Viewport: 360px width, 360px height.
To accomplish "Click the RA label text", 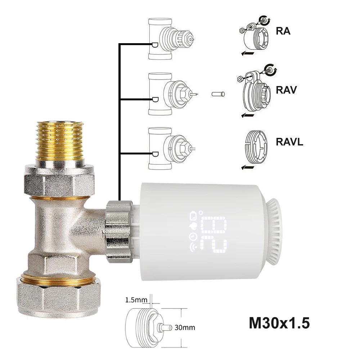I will coord(283,31).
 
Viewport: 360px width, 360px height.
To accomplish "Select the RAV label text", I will coord(286,90).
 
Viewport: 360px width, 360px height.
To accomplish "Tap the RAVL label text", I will coord(289,141).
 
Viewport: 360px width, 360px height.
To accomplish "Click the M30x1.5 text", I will coord(279,323).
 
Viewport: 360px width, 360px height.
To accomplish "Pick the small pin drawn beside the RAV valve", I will coord(218,94).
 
